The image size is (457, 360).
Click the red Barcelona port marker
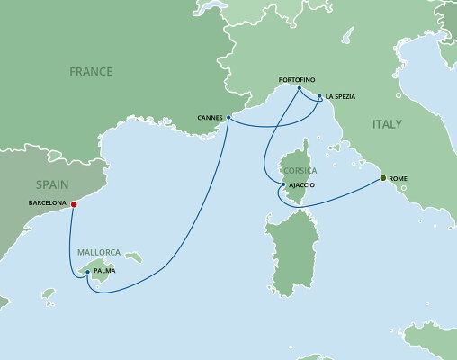(74, 203)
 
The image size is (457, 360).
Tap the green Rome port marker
(383, 178)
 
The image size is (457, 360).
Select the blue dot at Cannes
(228, 117)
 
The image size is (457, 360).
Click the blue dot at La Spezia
(319, 96)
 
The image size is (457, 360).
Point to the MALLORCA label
(99, 253)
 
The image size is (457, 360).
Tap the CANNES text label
(209, 118)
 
